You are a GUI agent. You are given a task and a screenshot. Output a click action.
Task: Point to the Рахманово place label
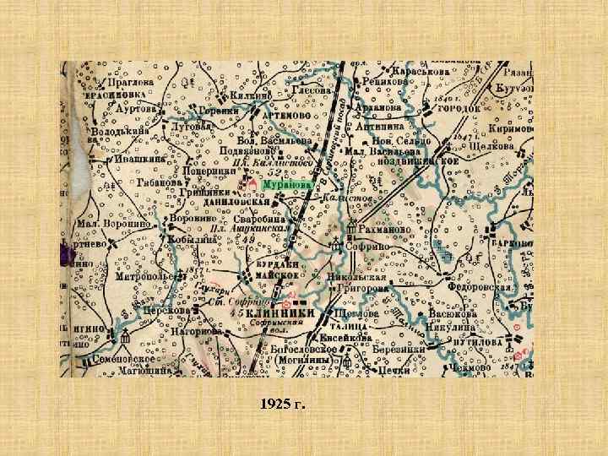coord(386,228)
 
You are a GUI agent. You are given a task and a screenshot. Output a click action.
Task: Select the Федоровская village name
coord(481,287)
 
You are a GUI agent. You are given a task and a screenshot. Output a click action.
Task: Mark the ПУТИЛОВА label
coord(478,345)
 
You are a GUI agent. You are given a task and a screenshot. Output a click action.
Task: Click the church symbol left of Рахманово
coord(350,226)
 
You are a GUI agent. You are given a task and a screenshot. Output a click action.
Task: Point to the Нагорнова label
coord(195,332)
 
